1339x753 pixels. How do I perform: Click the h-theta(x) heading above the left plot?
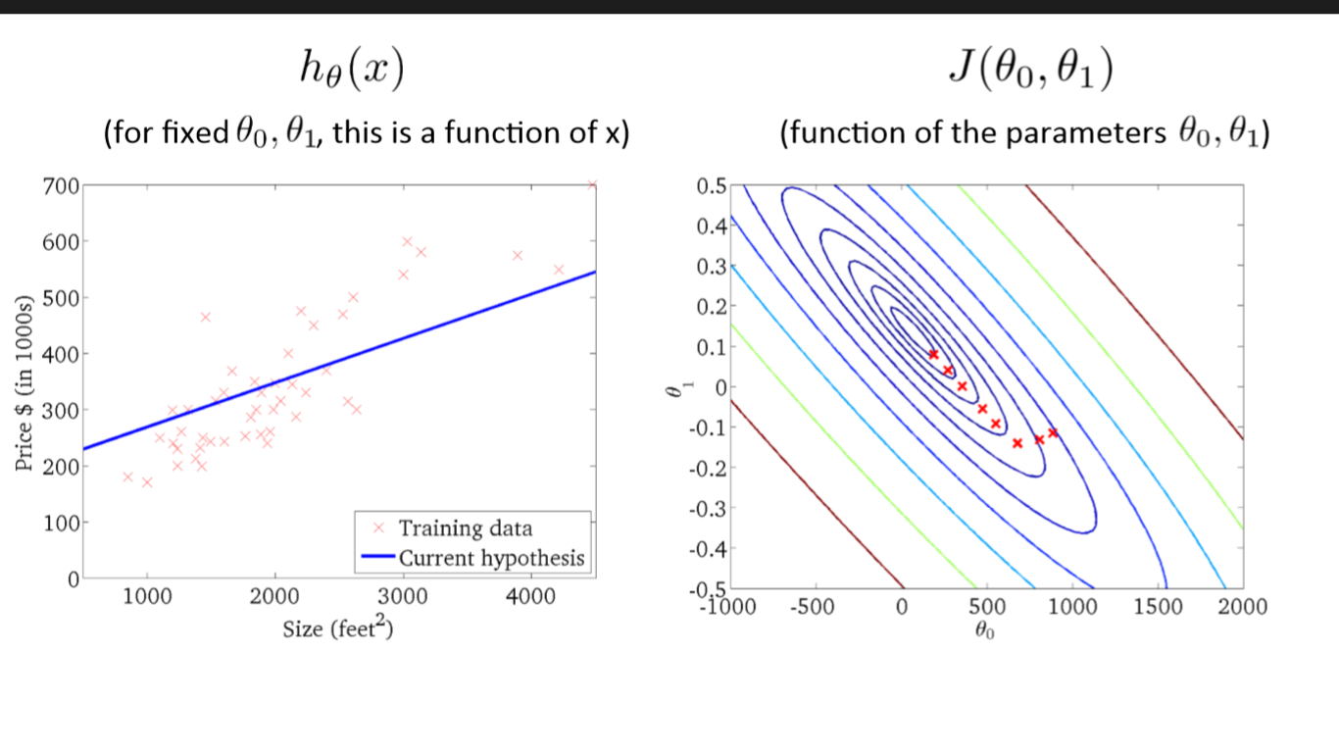(x=352, y=72)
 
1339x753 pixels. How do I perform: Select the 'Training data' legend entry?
(x=466, y=528)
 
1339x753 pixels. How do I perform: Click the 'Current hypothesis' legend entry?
(x=491, y=559)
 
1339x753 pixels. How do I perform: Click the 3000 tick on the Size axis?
(x=403, y=599)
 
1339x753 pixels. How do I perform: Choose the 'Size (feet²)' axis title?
(x=338, y=628)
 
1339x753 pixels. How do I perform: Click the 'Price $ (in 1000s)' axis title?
(x=26, y=382)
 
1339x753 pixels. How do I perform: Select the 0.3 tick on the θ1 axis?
(x=711, y=267)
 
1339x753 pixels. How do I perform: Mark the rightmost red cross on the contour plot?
(x=1054, y=432)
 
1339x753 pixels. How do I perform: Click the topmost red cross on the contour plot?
(x=933, y=354)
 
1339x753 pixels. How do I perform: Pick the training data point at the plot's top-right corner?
(x=592, y=184)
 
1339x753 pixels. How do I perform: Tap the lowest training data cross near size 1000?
(x=147, y=482)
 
